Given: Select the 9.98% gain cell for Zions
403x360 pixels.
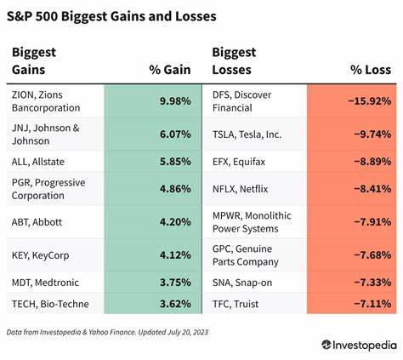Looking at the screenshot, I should coord(176,101).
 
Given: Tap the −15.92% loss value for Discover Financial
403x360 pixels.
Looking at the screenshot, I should coord(369,101).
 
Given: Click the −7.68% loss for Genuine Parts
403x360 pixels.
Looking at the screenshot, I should coord(372,254).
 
